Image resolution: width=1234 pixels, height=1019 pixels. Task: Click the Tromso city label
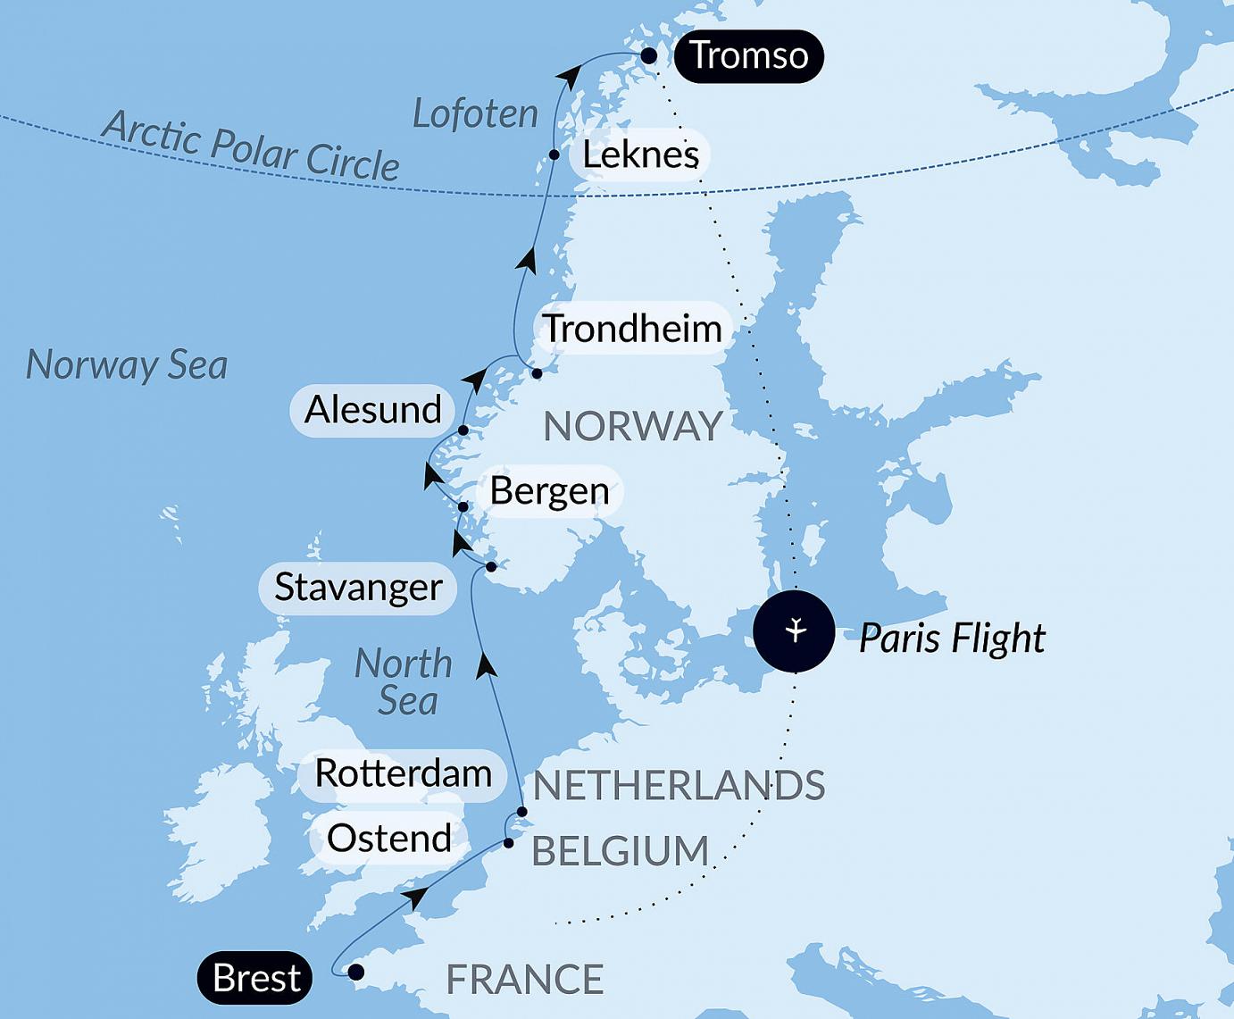point(748,55)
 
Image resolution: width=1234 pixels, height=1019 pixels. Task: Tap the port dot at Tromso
point(649,56)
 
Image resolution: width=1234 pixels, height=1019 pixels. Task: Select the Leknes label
point(640,155)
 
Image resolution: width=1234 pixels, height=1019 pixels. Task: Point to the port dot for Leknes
point(554,155)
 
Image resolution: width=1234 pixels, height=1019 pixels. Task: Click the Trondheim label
point(633,329)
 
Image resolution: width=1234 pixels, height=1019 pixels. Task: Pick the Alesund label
point(373,410)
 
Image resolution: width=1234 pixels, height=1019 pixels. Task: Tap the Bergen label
point(549,491)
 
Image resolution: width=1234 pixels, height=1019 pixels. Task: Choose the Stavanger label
point(358,588)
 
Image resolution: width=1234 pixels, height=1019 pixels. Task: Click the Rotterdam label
point(404,773)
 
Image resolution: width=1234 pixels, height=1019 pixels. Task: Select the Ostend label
point(389,839)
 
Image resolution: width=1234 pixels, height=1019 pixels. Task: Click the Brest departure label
point(256,978)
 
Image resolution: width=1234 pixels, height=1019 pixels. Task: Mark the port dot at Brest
point(355,972)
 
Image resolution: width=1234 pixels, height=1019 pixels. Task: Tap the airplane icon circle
point(794,631)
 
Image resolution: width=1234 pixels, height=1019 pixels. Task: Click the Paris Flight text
point(952,639)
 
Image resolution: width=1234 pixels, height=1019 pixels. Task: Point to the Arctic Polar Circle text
point(250,146)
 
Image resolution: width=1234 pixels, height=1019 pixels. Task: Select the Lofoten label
point(475,114)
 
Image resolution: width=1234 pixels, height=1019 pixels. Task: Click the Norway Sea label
point(127,365)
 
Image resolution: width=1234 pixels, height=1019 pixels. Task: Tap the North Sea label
point(405,682)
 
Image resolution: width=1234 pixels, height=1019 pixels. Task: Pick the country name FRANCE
point(525,980)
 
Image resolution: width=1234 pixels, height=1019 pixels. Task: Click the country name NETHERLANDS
point(679,786)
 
